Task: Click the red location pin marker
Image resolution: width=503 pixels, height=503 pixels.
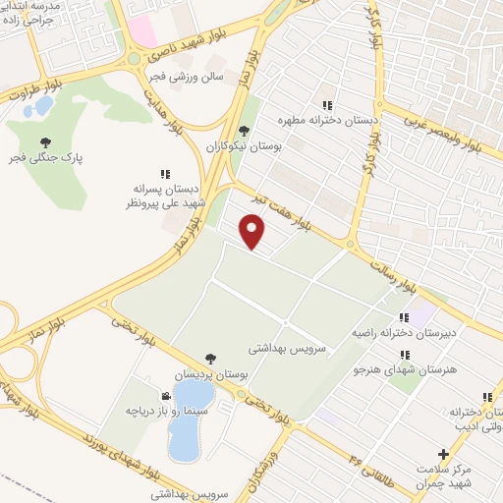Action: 253,231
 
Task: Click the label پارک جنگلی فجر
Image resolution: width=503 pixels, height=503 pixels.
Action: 46,156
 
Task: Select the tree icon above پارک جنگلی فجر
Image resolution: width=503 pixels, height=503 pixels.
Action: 46,140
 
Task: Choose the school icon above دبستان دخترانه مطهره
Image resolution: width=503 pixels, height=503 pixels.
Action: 329,105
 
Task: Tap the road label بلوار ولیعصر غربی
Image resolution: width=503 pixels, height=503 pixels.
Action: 444,133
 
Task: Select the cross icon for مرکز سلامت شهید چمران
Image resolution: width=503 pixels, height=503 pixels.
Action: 444,454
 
